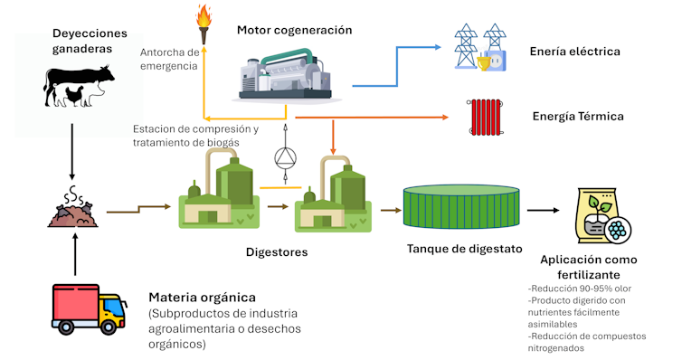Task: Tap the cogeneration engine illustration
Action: pos(286,71)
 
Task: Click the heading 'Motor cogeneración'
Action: pos(294,30)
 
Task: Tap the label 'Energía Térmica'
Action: pos(578,117)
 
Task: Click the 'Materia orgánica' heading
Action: pos(202,297)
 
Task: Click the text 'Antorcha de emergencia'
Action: pos(169,58)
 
